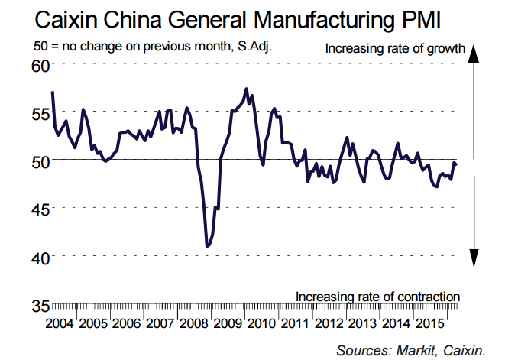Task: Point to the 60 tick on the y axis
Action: click(x=39, y=65)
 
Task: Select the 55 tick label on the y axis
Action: click(x=39, y=113)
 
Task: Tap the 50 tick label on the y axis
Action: click(x=39, y=161)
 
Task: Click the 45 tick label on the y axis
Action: click(x=39, y=209)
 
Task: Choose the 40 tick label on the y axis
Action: click(x=39, y=257)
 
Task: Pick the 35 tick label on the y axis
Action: click(x=39, y=305)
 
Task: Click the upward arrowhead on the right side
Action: click(x=474, y=54)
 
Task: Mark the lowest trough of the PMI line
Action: click(x=206, y=246)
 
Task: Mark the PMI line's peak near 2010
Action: click(x=245, y=89)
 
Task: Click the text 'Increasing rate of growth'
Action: click(x=395, y=50)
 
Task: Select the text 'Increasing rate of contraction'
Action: click(x=377, y=297)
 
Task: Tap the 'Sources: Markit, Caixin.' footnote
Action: click(x=410, y=351)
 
